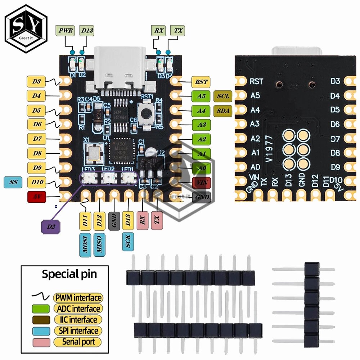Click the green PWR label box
[66, 31]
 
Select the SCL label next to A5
[223, 96]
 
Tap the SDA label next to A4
[223, 111]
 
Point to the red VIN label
[201, 183]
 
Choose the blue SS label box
[13, 183]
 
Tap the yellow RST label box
[201, 82]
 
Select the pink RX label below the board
[143, 220]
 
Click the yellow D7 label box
[37, 139]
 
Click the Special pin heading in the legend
[69, 274]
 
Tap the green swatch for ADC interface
[40, 309]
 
